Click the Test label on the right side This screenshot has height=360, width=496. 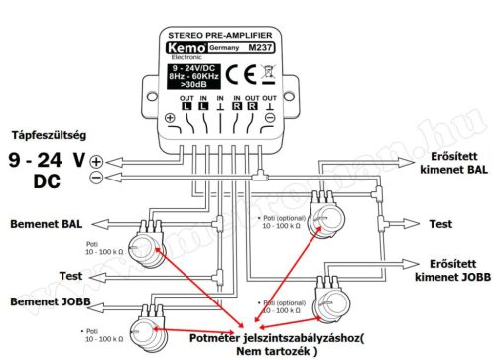[440, 224]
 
